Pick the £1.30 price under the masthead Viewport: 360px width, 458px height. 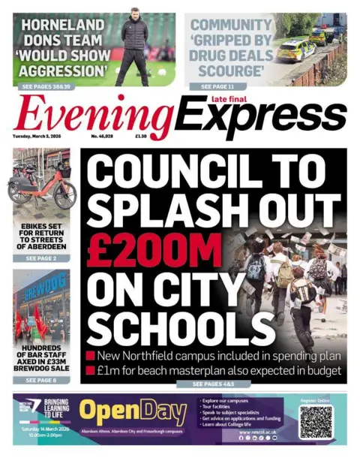click(x=141, y=137)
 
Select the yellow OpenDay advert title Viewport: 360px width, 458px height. click(x=133, y=411)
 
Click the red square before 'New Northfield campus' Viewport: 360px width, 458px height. click(x=90, y=354)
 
